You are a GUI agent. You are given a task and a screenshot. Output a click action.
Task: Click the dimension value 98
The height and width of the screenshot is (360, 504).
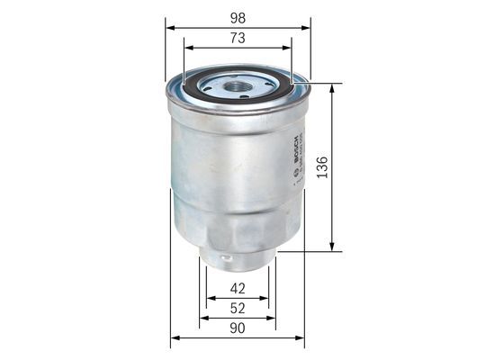(238, 17)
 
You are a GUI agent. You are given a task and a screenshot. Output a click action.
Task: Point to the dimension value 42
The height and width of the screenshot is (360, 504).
(238, 289)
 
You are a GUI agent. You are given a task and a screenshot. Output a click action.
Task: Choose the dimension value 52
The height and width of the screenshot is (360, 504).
(238, 308)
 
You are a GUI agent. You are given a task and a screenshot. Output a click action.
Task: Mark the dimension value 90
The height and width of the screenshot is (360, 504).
(238, 328)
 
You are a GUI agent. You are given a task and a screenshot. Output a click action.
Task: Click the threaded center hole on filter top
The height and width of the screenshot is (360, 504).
(238, 86)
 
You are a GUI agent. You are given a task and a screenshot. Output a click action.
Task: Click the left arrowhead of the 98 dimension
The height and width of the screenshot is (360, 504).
(168, 27)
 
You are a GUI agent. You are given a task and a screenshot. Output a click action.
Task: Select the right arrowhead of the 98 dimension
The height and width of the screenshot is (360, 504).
(307, 27)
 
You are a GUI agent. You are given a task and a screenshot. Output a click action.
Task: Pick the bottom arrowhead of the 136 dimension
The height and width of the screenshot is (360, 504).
(333, 249)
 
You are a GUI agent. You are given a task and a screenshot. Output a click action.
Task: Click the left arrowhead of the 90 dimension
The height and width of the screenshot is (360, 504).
(174, 338)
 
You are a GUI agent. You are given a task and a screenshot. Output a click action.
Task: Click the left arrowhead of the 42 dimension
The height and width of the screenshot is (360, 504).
(209, 298)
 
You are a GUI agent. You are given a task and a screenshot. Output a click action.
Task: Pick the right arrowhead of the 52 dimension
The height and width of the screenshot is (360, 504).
(274, 318)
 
